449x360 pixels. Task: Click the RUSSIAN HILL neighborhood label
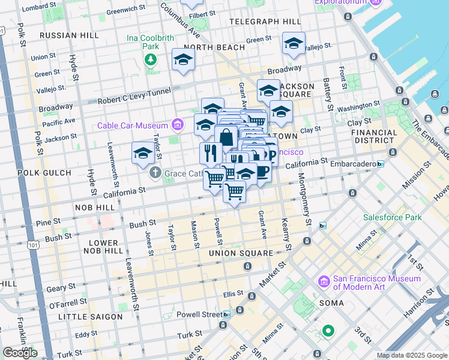point(68,35)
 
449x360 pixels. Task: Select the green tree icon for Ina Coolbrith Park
point(149,59)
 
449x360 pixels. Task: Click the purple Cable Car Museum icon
point(177,125)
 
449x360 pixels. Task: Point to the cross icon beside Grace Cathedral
point(155,173)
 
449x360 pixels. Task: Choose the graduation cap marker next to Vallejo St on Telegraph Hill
point(294,44)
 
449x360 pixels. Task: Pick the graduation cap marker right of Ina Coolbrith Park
point(183,59)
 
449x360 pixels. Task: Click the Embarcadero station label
point(352,164)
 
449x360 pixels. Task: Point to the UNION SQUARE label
point(241,253)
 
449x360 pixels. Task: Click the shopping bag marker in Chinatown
point(226,137)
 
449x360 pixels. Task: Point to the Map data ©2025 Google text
point(411,355)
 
